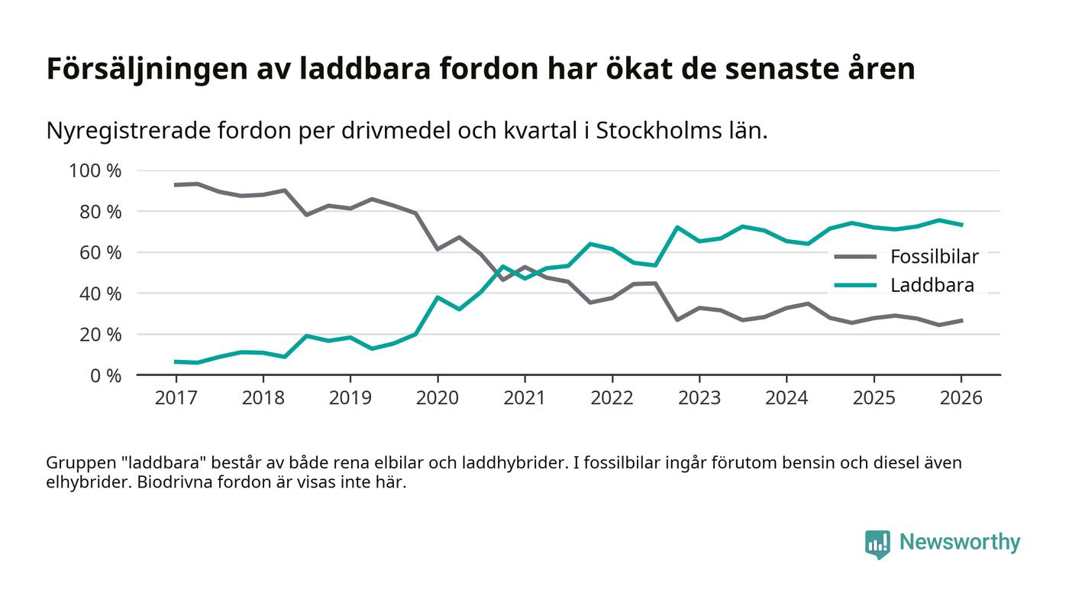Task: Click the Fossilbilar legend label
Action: pos(934,256)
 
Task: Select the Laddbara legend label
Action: pos(932,286)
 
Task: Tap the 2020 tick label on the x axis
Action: pos(438,398)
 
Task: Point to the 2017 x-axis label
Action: pos(176,398)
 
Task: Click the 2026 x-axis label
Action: pos(961,398)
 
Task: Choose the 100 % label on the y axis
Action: pos(95,170)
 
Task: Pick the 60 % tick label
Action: pos(99,252)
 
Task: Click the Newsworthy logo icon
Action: pos(877,543)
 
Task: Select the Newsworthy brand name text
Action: pos(959,543)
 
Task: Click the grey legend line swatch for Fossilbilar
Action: pos(854,256)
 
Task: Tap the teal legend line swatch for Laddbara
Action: pos(854,286)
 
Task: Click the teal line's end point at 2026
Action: pos(961,225)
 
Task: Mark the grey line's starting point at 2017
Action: pos(176,185)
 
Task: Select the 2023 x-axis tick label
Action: pos(699,398)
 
